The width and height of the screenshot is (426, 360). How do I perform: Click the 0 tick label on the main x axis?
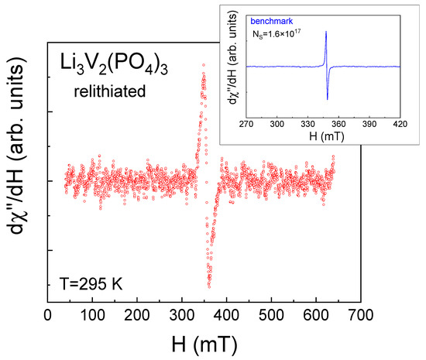point(49,316)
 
